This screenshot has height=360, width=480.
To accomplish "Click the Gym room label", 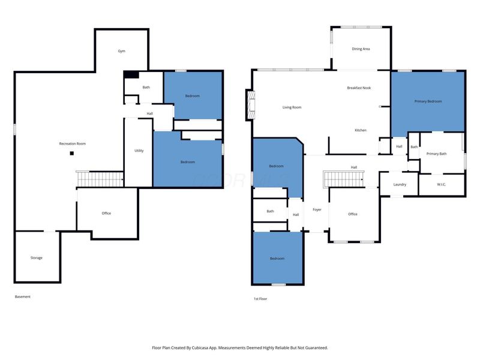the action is (x=122, y=51).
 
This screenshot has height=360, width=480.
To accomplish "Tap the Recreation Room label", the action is (x=73, y=143).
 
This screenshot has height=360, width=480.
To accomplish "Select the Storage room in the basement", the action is (x=37, y=257).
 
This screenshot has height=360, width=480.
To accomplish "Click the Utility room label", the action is (x=139, y=151).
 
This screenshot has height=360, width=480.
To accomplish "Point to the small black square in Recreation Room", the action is (x=71, y=154).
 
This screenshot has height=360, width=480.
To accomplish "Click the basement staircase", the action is (x=100, y=179).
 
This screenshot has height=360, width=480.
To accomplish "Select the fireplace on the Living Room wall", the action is (x=251, y=105).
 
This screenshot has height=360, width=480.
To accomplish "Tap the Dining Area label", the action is (x=361, y=49).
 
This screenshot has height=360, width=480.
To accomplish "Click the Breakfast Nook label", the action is (x=359, y=88).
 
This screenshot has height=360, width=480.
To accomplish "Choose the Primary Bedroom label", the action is (x=428, y=101).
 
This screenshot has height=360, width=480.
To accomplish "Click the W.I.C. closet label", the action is (x=441, y=184).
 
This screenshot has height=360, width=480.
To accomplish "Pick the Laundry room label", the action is (x=400, y=184).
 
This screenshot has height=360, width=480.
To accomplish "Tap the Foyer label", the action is (x=317, y=209).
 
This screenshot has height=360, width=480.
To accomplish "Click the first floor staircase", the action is (x=343, y=179).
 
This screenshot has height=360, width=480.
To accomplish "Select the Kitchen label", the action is (x=361, y=130).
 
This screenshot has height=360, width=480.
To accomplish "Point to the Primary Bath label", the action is (x=437, y=154).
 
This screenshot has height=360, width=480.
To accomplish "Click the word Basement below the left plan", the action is (x=23, y=296).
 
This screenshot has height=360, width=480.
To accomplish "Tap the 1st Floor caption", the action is (x=260, y=299).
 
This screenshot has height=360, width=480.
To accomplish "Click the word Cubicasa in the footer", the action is (x=200, y=348).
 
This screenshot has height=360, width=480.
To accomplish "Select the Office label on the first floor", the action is (x=353, y=214).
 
